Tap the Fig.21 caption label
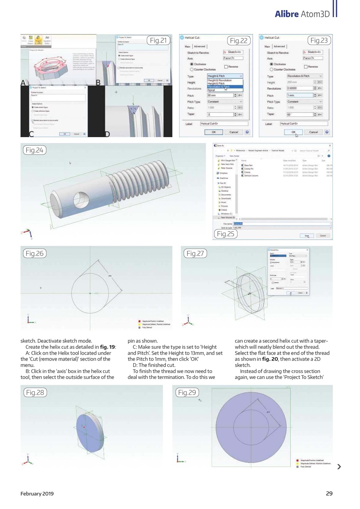(158, 40)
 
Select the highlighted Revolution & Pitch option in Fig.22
(218, 87)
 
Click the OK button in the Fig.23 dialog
(294, 132)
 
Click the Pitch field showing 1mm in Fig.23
(299, 95)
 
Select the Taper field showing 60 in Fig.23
(299, 114)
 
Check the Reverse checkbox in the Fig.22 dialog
(226, 67)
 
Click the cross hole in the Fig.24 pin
(82, 202)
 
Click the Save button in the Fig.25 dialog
(306, 235)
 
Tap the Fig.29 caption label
(187, 392)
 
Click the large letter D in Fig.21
(107, 134)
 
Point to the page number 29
(329, 493)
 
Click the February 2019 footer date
(37, 493)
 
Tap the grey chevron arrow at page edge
(339, 466)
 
